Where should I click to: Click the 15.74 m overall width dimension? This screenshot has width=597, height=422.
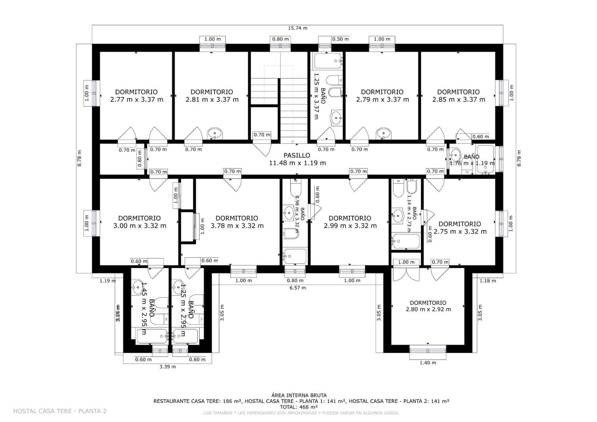(297, 28)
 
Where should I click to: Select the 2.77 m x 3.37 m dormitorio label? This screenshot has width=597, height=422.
(136, 96)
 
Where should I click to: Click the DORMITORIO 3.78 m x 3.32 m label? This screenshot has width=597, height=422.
(237, 222)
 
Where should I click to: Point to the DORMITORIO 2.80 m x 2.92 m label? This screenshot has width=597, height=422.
(428, 306)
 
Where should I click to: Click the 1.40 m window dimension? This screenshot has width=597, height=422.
(428, 363)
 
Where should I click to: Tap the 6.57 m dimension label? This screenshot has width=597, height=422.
(298, 288)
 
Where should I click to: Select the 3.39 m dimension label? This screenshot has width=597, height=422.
(167, 367)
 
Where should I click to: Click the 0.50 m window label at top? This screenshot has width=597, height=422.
(340, 39)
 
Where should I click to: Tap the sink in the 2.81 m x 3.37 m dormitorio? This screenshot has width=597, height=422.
(215, 133)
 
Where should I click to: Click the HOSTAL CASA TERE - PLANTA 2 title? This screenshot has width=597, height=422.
(60, 411)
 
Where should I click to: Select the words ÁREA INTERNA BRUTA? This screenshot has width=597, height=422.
(299, 395)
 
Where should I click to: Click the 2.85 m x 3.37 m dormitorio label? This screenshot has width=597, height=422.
(459, 96)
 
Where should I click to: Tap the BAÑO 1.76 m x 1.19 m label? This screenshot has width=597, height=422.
(472, 160)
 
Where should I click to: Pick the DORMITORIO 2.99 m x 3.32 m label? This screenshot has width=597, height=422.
(350, 222)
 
